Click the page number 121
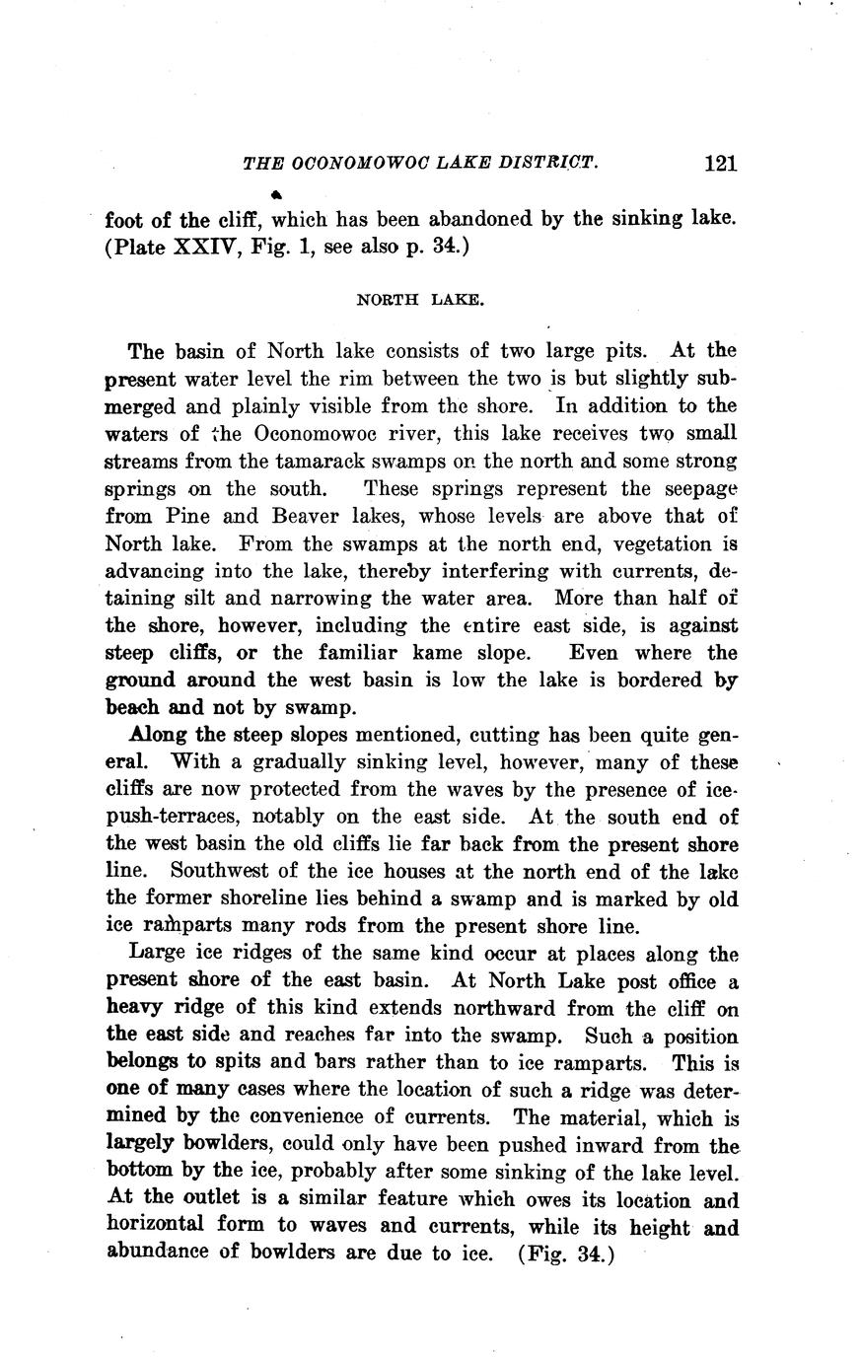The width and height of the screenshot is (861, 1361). point(721,164)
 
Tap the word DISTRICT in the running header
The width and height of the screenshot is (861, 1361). point(545,163)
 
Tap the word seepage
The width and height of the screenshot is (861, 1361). point(692,488)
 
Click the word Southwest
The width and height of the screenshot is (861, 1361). point(217,871)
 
